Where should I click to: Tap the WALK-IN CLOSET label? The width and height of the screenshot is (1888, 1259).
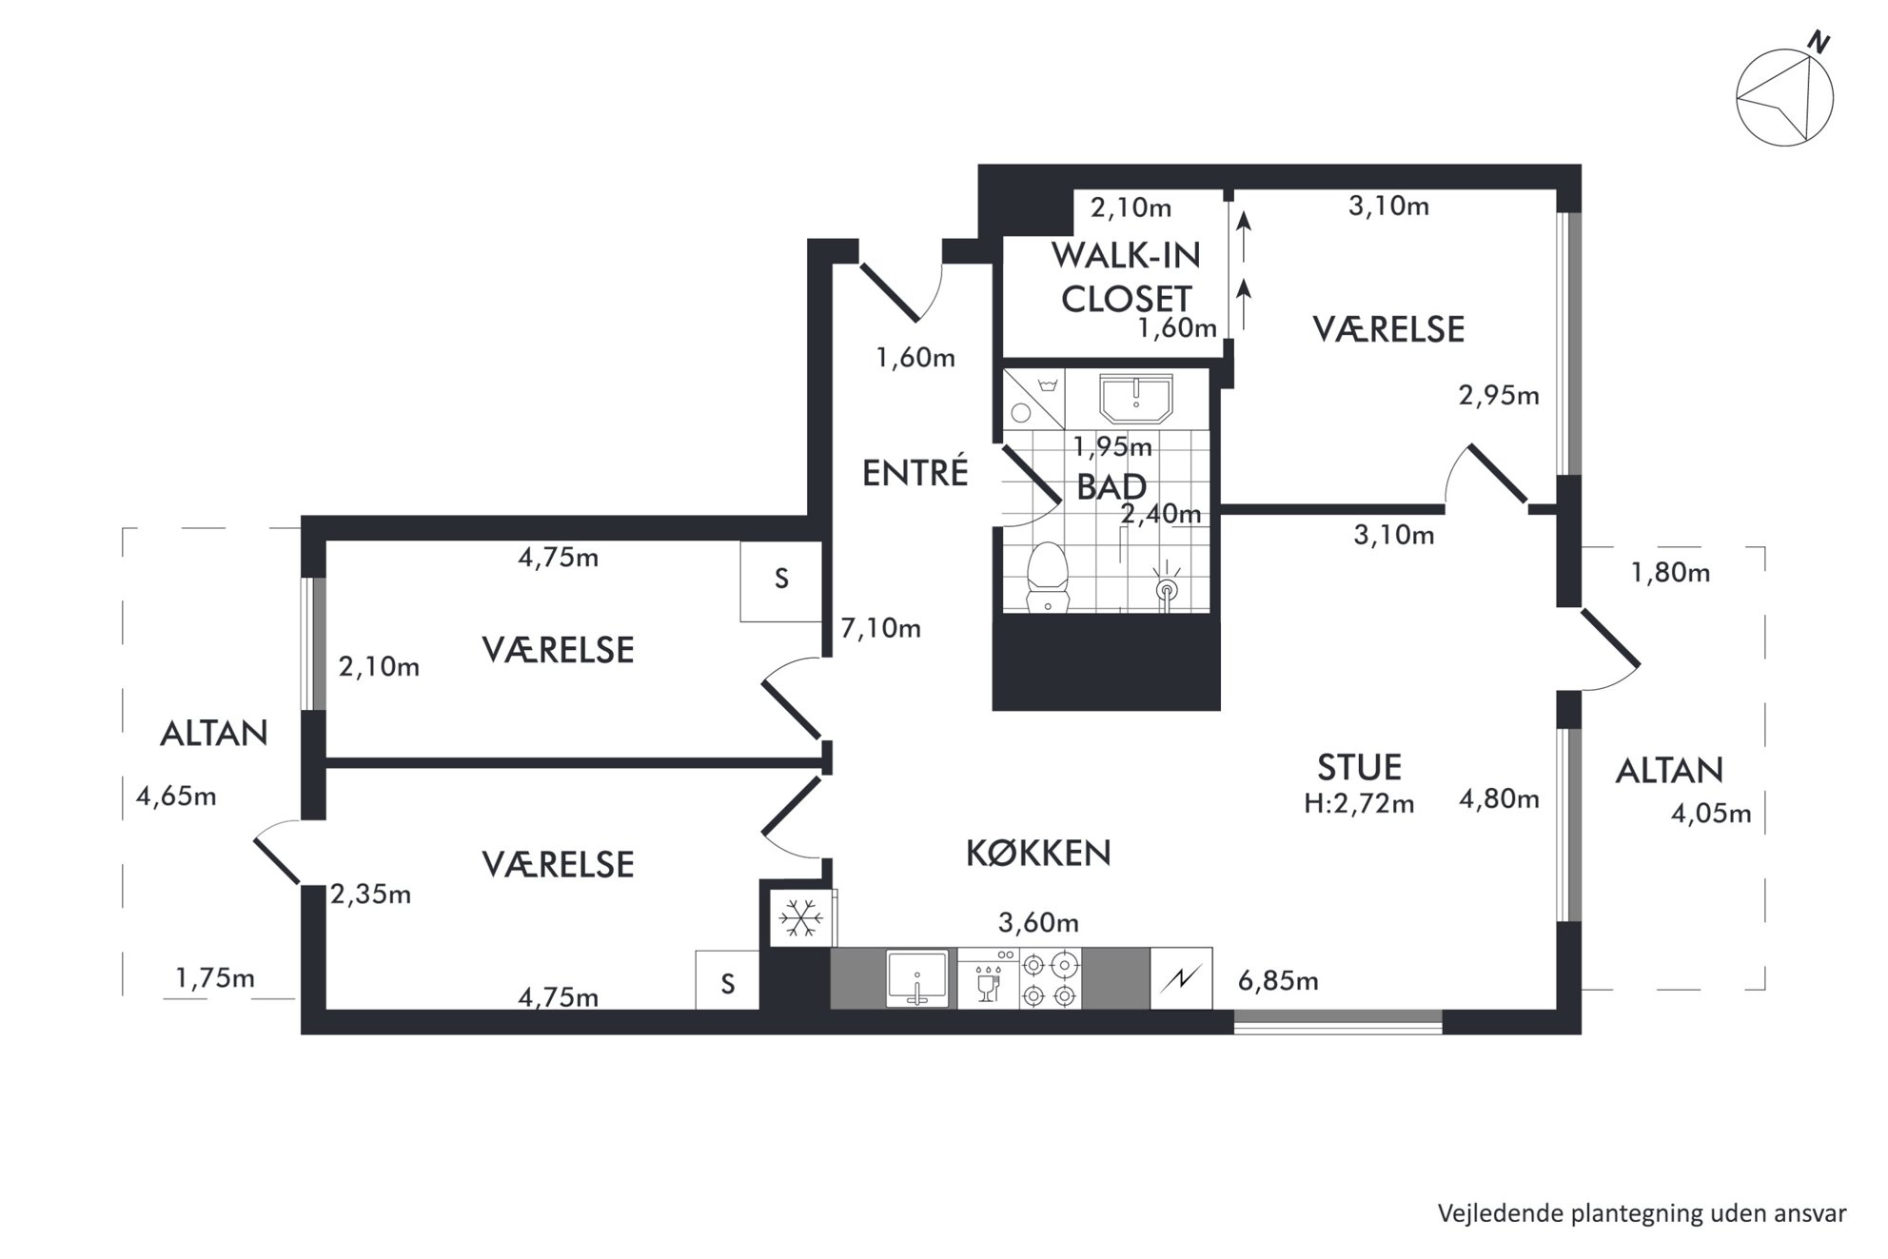(1126, 277)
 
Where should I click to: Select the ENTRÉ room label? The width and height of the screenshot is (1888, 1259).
(914, 472)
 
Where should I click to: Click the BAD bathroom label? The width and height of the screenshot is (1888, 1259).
(1111, 487)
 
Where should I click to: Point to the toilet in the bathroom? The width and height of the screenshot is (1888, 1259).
(1048, 576)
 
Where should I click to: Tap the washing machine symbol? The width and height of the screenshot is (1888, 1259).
(1033, 399)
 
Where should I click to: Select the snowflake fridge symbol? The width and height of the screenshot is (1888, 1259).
(801, 918)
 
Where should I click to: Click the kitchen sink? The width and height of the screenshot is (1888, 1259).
(917, 978)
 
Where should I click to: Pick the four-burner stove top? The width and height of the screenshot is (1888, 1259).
(1051, 980)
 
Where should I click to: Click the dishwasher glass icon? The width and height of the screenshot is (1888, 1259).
(988, 983)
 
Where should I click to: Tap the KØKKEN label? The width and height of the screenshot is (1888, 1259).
(1038, 853)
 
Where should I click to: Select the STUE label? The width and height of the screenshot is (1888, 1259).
(1359, 767)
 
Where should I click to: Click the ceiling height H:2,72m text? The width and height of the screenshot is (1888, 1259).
(1359, 804)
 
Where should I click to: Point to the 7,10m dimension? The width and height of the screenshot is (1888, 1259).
(880, 628)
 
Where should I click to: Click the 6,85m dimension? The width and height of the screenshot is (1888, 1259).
(1278, 980)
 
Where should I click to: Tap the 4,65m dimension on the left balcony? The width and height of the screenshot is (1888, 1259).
(176, 796)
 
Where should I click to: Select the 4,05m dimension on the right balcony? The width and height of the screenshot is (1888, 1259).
(1711, 814)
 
